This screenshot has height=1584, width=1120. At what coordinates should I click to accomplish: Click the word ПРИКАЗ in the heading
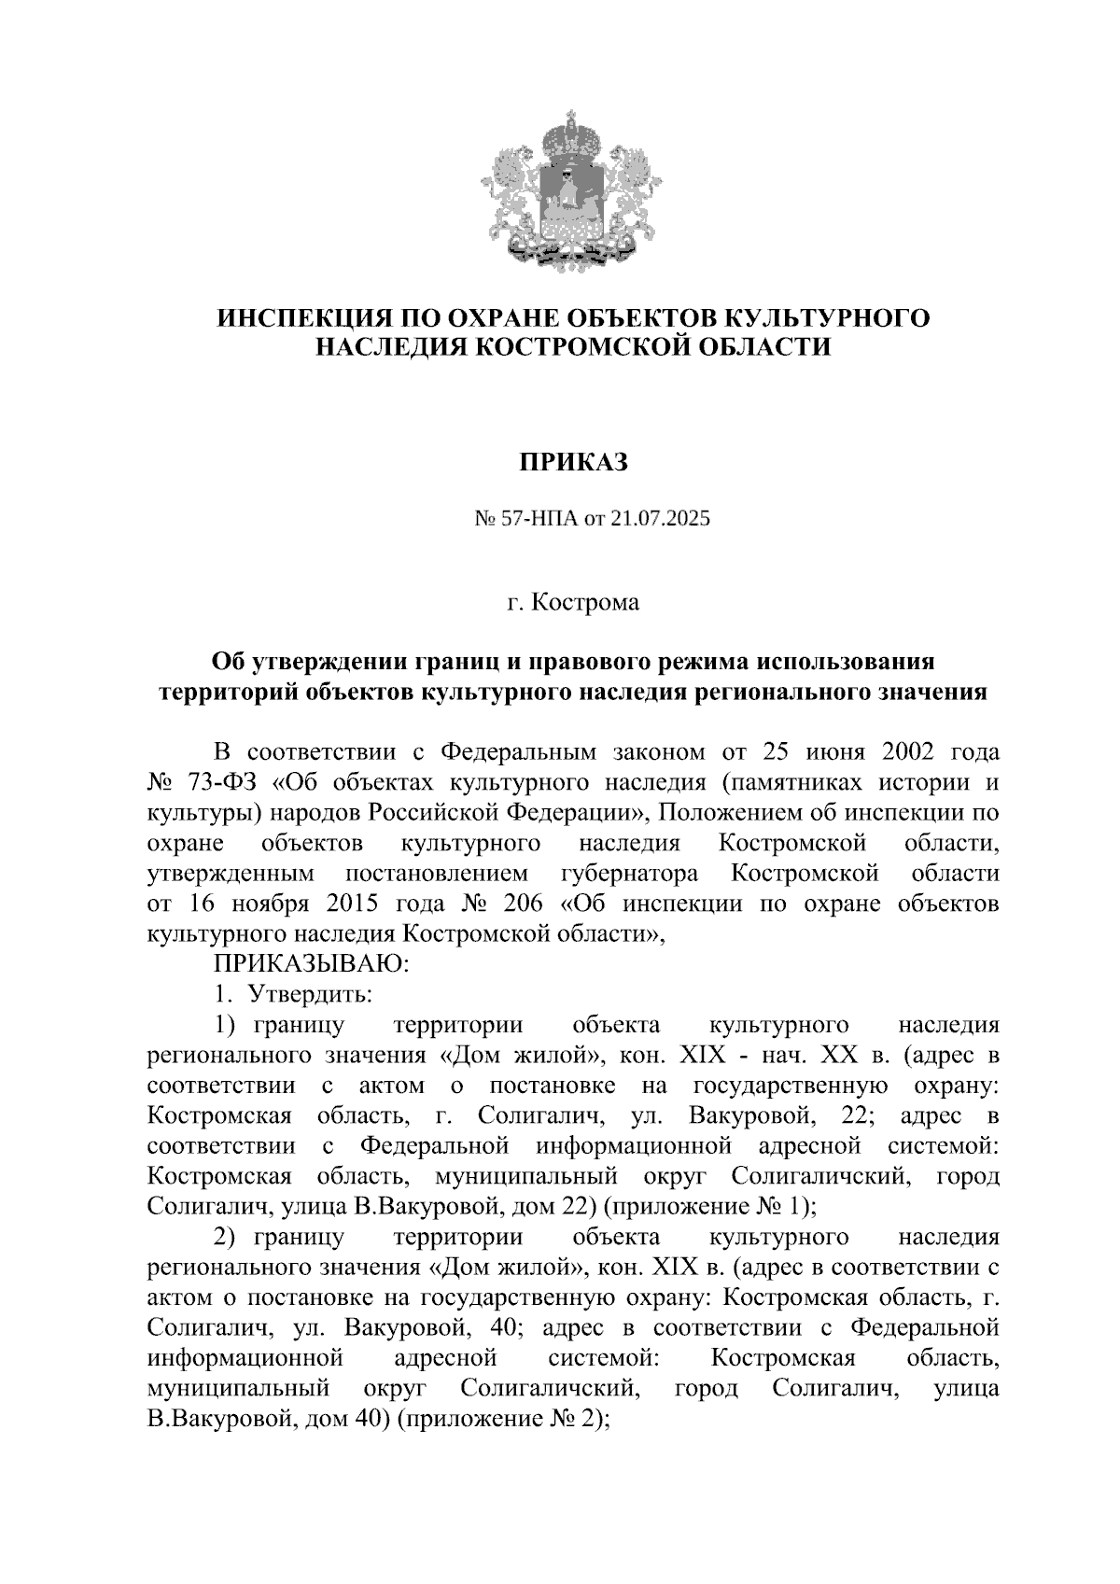coord(573,461)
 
